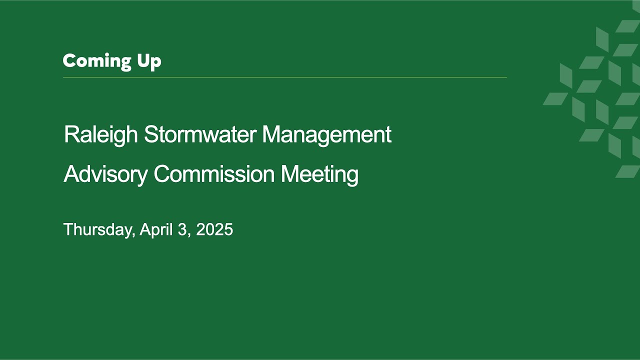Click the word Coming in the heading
[x=97, y=61]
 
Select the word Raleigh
[x=101, y=135]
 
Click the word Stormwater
[x=200, y=134]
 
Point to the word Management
[x=327, y=135]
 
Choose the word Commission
[x=214, y=173]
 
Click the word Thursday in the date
[x=99, y=229]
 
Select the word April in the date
[x=156, y=229]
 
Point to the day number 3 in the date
[x=182, y=229]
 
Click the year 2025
[x=214, y=229]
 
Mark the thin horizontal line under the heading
[x=285, y=77]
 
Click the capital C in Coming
[x=69, y=60]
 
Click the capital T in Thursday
[x=69, y=229]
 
